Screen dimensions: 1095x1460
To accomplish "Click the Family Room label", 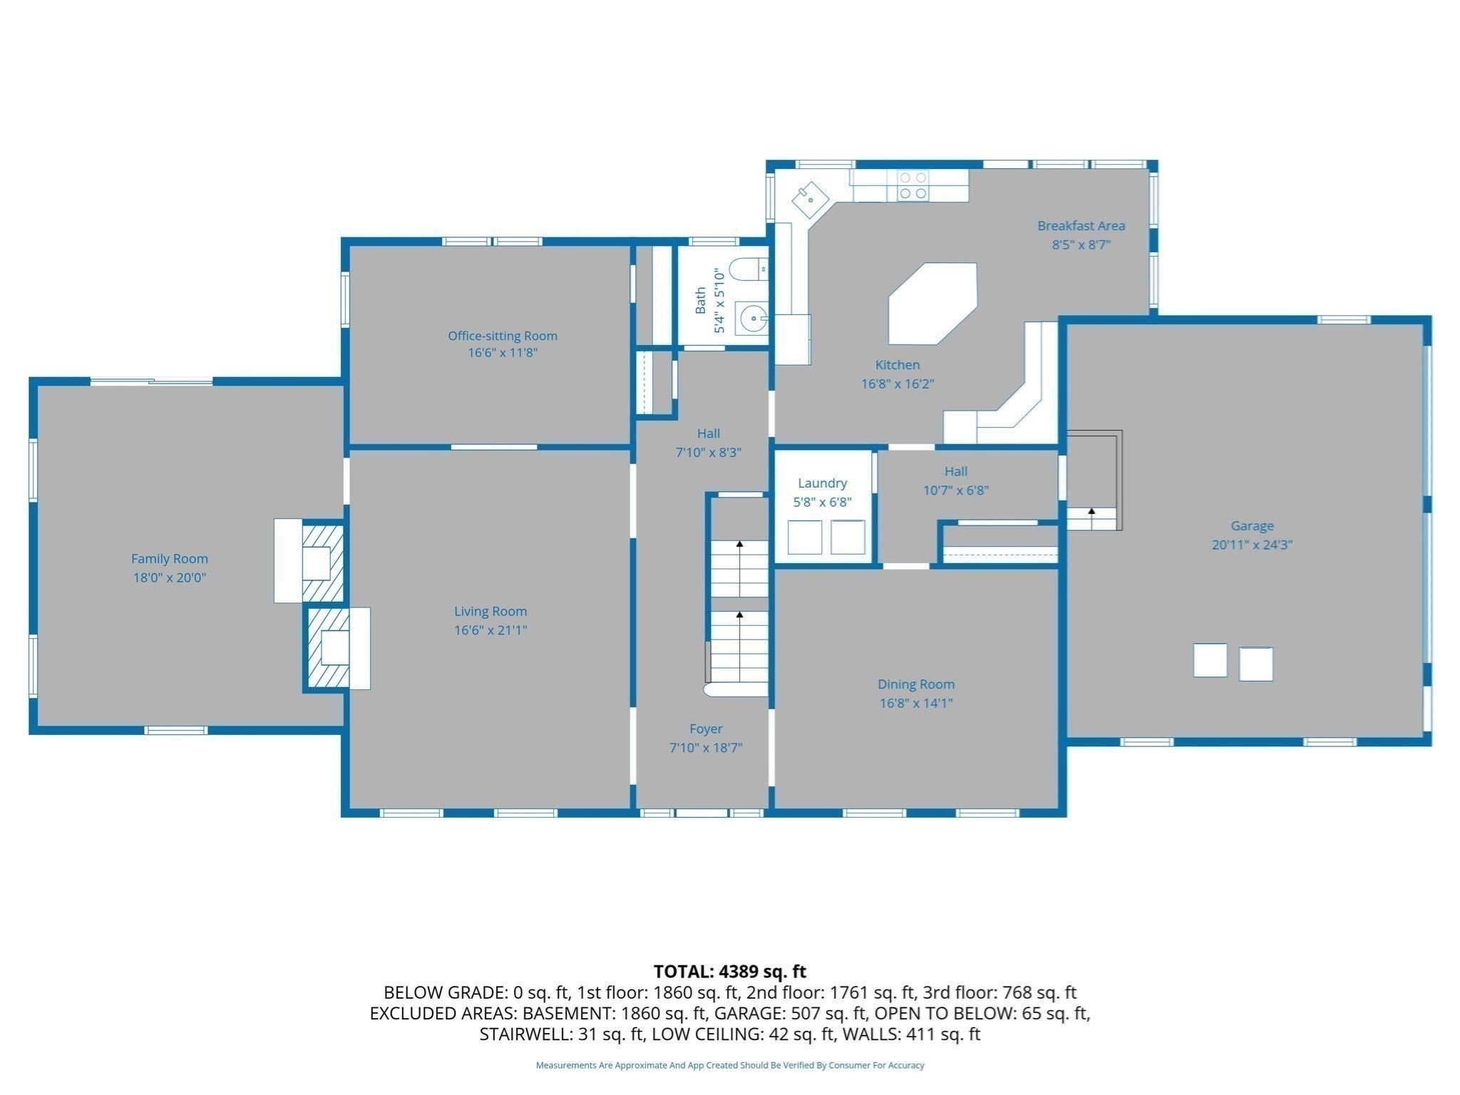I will tap(170, 559).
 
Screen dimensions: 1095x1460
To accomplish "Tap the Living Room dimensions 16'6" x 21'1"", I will tap(490, 630).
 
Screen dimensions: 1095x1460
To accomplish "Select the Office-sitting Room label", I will tap(503, 336).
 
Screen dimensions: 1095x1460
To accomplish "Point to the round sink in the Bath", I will tap(751, 319).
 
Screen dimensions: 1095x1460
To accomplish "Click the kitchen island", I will tap(932, 303).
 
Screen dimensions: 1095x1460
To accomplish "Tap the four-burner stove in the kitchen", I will tap(913, 185).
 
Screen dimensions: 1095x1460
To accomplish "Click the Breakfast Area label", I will tap(1081, 226).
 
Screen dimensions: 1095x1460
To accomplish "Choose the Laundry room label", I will tap(822, 483).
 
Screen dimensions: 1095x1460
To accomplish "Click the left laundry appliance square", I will tap(804, 538).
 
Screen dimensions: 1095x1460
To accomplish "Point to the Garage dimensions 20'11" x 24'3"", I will tap(1252, 545).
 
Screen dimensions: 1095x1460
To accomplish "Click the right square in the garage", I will tap(1255, 664).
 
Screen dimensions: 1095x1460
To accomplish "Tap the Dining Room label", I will tap(915, 684).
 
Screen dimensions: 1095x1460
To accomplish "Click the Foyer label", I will tap(706, 729).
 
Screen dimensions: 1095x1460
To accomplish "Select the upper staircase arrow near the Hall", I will tap(739, 545).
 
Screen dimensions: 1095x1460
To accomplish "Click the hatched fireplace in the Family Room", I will tap(323, 563).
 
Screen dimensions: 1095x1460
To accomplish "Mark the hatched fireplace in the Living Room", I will tap(329, 648).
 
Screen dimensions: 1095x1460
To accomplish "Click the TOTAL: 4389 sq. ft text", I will tap(729, 972).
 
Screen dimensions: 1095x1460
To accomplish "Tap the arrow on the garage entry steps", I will tap(1091, 511).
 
